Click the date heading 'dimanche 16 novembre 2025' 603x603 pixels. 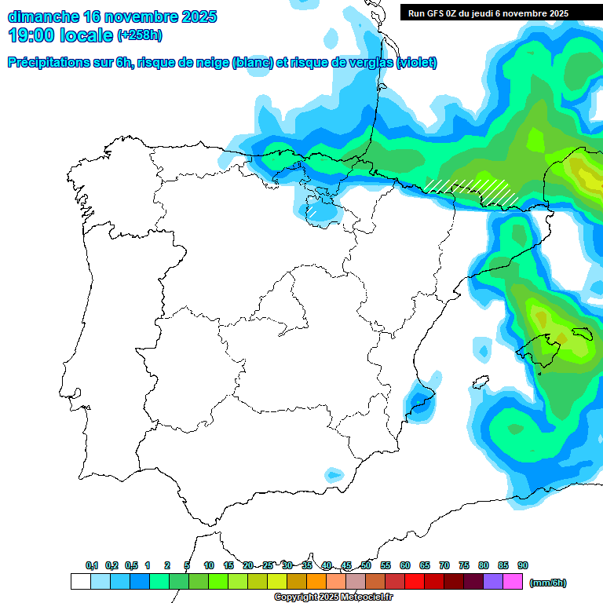point(112,16)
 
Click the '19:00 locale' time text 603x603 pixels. point(60,35)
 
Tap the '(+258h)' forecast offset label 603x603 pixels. point(139,36)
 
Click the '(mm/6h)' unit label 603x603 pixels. point(547,583)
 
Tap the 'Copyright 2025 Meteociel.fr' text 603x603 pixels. point(333,598)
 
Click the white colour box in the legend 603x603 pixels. point(80,582)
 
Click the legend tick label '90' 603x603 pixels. point(523,566)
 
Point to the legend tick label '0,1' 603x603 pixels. point(92,566)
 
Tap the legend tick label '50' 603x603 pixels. point(366,566)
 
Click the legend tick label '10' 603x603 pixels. point(209,566)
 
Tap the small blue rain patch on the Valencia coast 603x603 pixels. point(422,400)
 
